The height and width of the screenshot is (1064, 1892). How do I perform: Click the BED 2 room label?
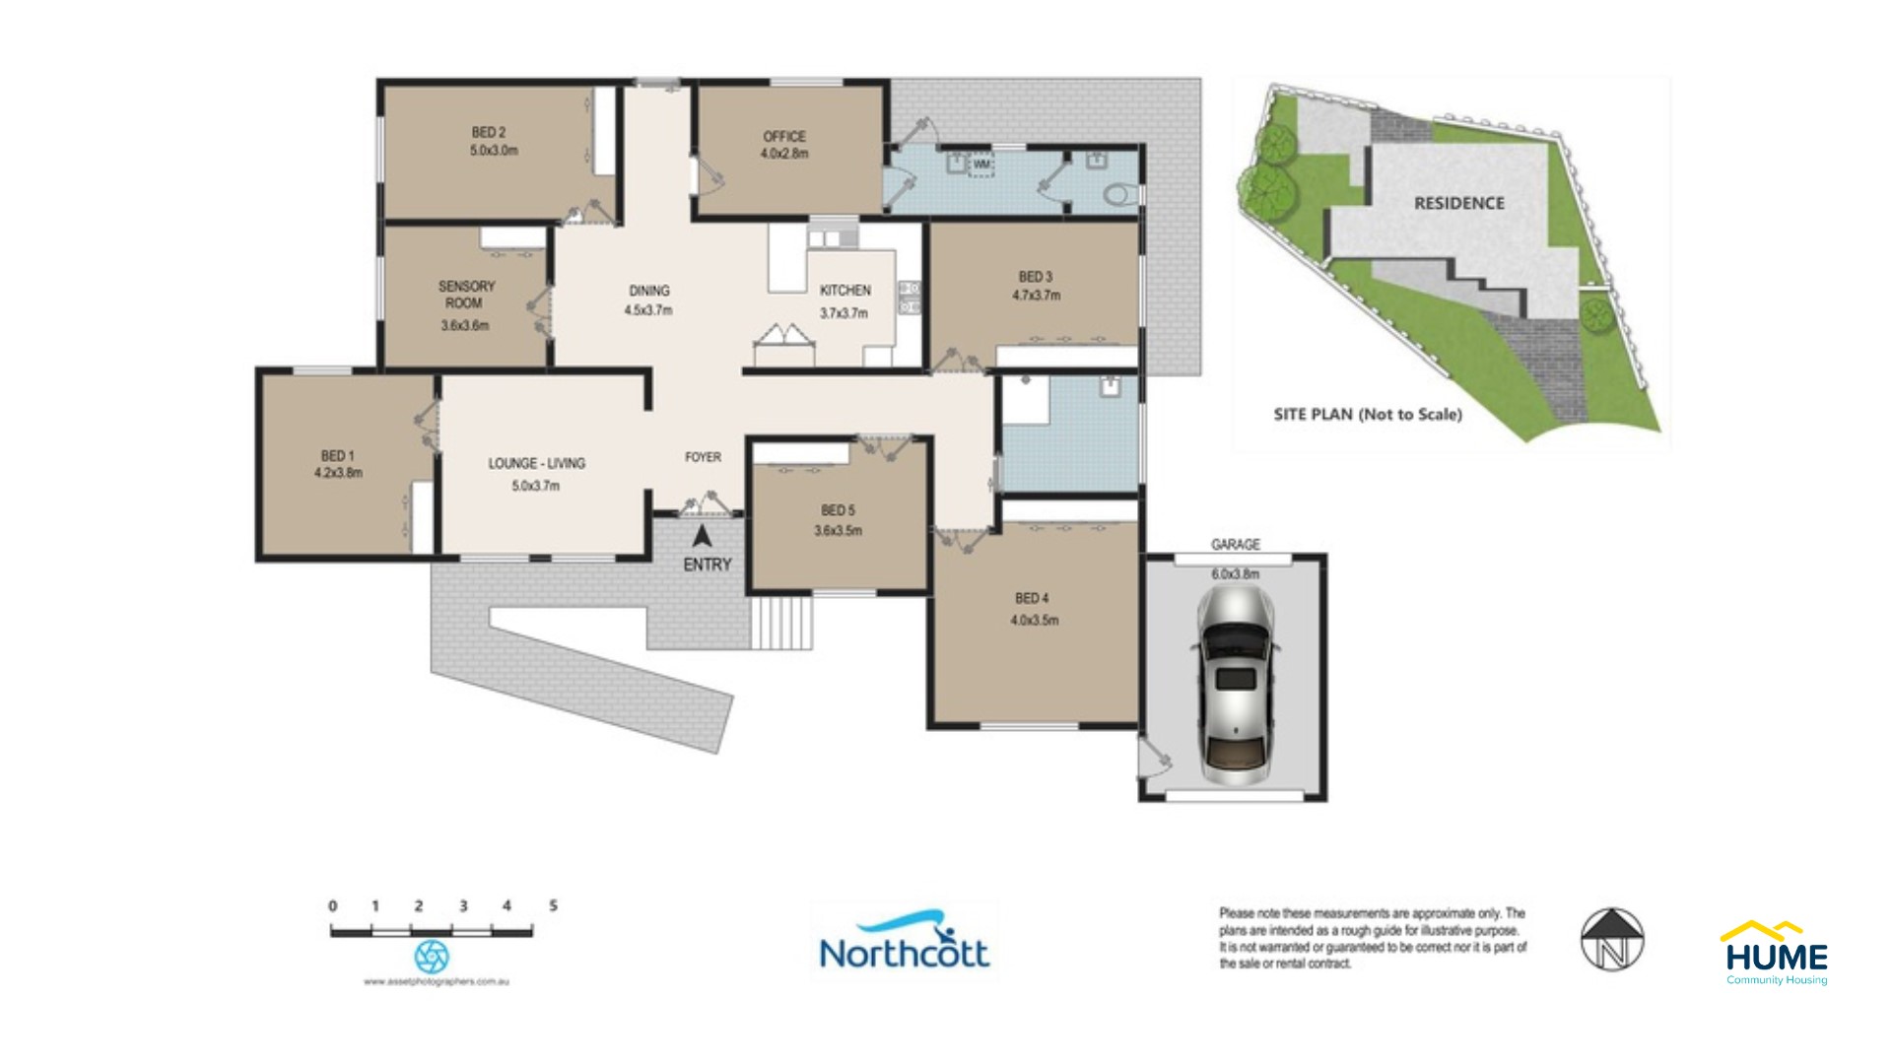tap(489, 133)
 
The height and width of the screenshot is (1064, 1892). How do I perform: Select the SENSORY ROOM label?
tap(466, 295)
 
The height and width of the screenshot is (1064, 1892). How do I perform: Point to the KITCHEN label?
tap(845, 291)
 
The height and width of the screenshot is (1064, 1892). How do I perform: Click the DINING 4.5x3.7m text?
tap(648, 300)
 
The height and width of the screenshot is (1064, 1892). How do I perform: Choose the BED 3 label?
tap(1036, 277)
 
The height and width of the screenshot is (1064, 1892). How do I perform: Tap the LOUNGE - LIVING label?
tap(537, 463)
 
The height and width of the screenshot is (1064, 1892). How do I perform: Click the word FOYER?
tap(703, 457)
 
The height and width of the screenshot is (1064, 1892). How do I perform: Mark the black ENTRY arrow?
tap(702, 538)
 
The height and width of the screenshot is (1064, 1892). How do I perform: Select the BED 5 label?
tap(838, 510)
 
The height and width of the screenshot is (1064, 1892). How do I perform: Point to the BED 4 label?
tap(1032, 598)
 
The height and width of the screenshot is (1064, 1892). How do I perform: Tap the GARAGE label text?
tap(1236, 545)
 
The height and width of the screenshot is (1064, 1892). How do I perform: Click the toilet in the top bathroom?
tap(1120, 194)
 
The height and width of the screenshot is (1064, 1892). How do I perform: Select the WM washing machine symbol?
tap(981, 165)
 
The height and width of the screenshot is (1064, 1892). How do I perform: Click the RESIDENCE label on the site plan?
tap(1459, 204)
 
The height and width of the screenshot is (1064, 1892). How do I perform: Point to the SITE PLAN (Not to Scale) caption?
tap(1368, 415)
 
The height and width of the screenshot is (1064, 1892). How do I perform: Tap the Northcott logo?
tap(904, 943)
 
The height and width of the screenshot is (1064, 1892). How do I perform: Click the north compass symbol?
tap(1612, 939)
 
